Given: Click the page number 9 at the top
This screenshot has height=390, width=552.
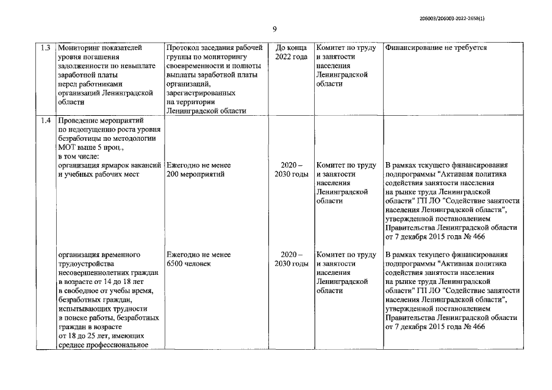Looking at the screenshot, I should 275,29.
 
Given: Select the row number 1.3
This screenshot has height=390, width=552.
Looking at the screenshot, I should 45,47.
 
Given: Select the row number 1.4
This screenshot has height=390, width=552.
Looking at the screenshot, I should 45,120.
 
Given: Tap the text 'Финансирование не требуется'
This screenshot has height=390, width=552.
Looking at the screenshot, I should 436,47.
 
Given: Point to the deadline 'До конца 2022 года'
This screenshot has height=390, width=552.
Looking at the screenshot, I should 291,52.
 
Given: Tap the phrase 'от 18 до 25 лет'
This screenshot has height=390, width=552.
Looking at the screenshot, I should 85,336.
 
